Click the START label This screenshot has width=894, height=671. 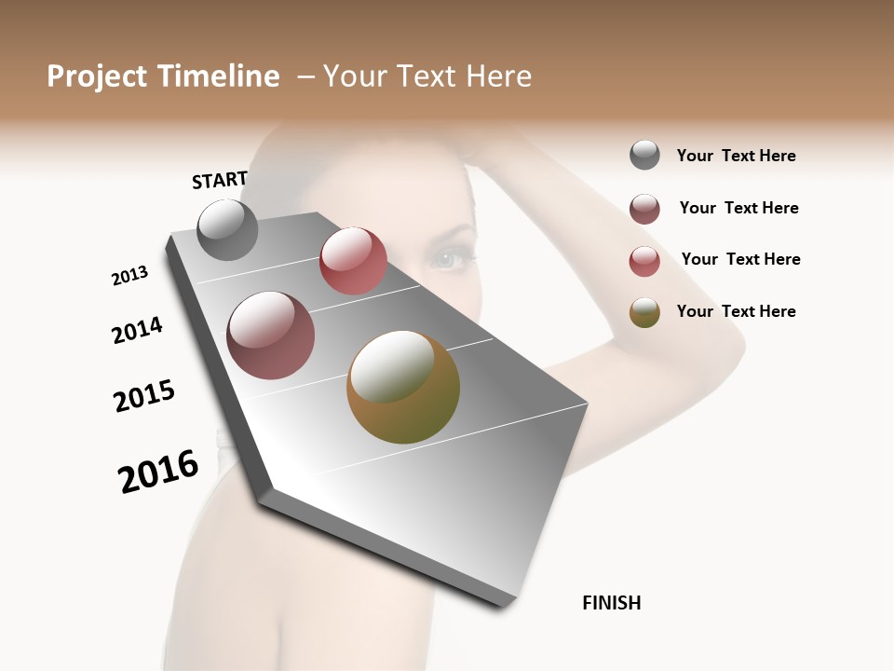point(220,180)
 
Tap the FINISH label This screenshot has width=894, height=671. point(612,603)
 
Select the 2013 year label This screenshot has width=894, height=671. point(129,276)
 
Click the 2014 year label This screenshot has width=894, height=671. point(137,331)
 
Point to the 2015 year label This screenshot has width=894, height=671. point(144,396)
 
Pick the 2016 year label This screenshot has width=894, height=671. point(158,472)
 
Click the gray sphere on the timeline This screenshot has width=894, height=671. point(228,230)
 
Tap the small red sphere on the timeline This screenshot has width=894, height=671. point(353,261)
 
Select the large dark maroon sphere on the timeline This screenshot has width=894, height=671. point(271,335)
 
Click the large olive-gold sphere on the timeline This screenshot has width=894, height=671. point(403,387)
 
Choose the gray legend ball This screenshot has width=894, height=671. point(644,156)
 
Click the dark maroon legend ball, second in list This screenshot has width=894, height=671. point(644,209)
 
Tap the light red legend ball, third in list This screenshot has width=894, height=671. point(644,261)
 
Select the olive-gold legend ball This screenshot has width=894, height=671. point(644,312)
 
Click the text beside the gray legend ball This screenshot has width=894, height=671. point(736,157)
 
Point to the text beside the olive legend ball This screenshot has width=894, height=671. point(736,311)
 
